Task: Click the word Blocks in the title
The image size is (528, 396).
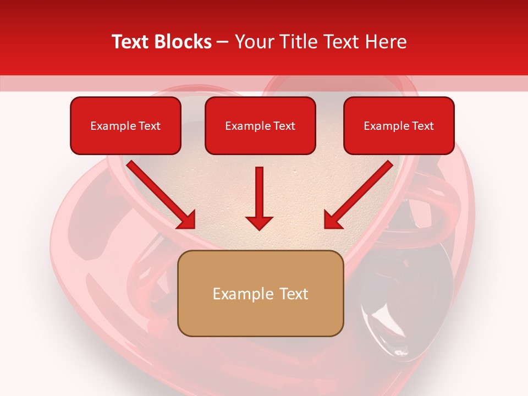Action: tap(184, 42)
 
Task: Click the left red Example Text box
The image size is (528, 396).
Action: tap(125, 125)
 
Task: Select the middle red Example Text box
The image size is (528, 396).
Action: tap(260, 125)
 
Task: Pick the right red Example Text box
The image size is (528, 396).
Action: tap(399, 125)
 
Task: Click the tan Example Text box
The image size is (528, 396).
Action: tap(261, 293)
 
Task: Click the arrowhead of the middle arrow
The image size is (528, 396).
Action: tap(259, 222)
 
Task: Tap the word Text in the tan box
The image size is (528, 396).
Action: tap(294, 294)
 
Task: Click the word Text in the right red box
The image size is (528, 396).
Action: tap(422, 126)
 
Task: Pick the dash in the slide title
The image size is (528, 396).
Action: tap(223, 42)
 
